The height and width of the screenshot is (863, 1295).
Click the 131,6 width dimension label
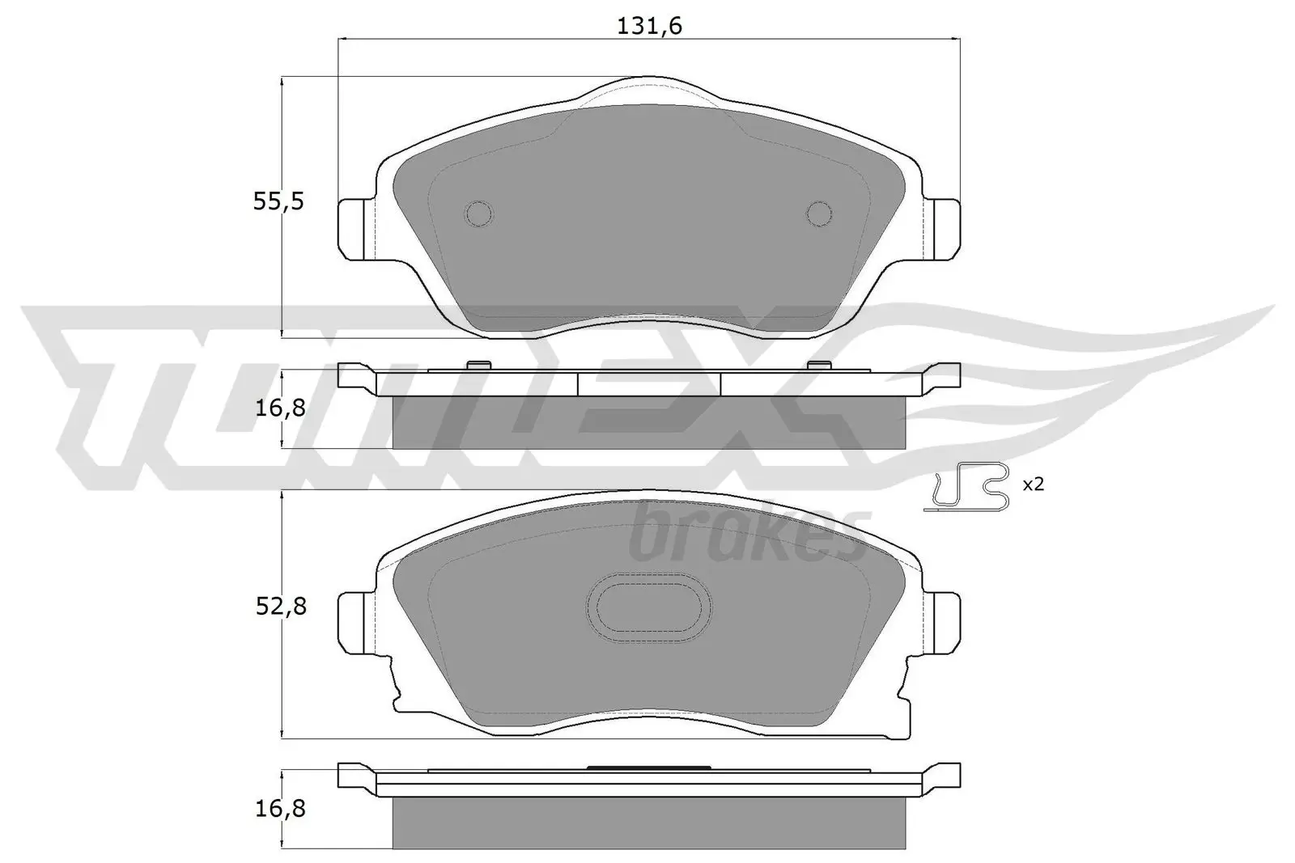click(x=649, y=27)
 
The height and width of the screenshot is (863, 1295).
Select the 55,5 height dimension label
click(x=278, y=201)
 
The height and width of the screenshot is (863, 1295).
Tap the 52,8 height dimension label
click(x=281, y=606)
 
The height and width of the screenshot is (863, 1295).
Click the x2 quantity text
click(x=1034, y=484)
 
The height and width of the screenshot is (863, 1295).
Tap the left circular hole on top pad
click(x=478, y=213)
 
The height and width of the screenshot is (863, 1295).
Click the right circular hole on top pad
click(x=819, y=213)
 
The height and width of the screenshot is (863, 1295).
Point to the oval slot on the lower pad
click(x=648, y=607)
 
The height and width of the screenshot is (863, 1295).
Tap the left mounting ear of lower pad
click(x=356, y=621)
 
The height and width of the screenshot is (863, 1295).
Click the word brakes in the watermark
click(x=748, y=535)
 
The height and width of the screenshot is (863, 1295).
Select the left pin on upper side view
click(x=478, y=365)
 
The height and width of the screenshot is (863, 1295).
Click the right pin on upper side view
click(x=819, y=365)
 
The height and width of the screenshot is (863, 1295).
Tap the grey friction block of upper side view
click(x=648, y=422)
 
